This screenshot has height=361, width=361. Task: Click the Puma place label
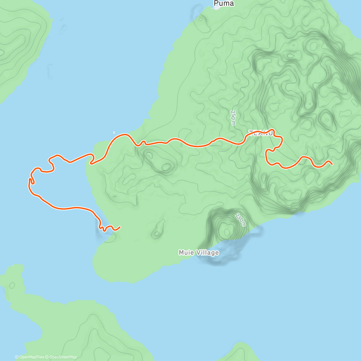pyautogui.click(x=224, y=4)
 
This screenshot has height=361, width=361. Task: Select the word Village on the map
pyautogui.click(x=207, y=253)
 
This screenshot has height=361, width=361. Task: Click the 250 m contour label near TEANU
pyautogui.click(x=233, y=118)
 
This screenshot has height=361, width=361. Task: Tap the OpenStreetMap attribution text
pyautogui.click(x=63, y=357)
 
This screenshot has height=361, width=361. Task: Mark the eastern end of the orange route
pyautogui.click(x=332, y=164)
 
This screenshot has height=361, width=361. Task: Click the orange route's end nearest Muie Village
pyautogui.click(x=120, y=227)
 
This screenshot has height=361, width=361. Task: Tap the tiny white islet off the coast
pyautogui.click(x=114, y=132)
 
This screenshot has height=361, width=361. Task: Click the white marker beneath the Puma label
pyautogui.click(x=216, y=8)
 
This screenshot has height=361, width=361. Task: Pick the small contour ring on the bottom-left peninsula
pyautogui.click(x=12, y=285)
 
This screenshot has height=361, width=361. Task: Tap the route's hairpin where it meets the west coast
pyautogui.click(x=91, y=163)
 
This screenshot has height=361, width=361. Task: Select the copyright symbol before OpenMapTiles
pyautogui.click(x=17, y=357)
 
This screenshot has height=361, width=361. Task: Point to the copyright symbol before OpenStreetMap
pyautogui.click(x=47, y=357)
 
